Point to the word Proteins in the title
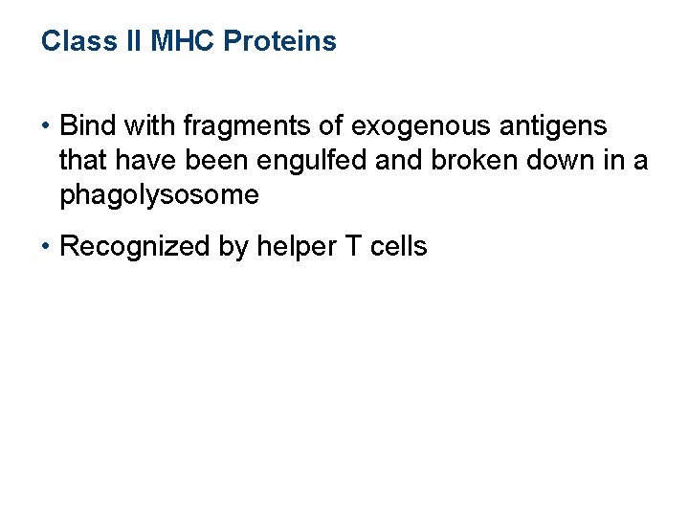pyautogui.click(x=279, y=42)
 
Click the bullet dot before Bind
pyautogui.click(x=46, y=126)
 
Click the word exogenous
pyautogui.click(x=392, y=125)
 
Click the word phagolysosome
pyautogui.click(x=159, y=195)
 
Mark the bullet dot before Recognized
pyautogui.click(x=46, y=247)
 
